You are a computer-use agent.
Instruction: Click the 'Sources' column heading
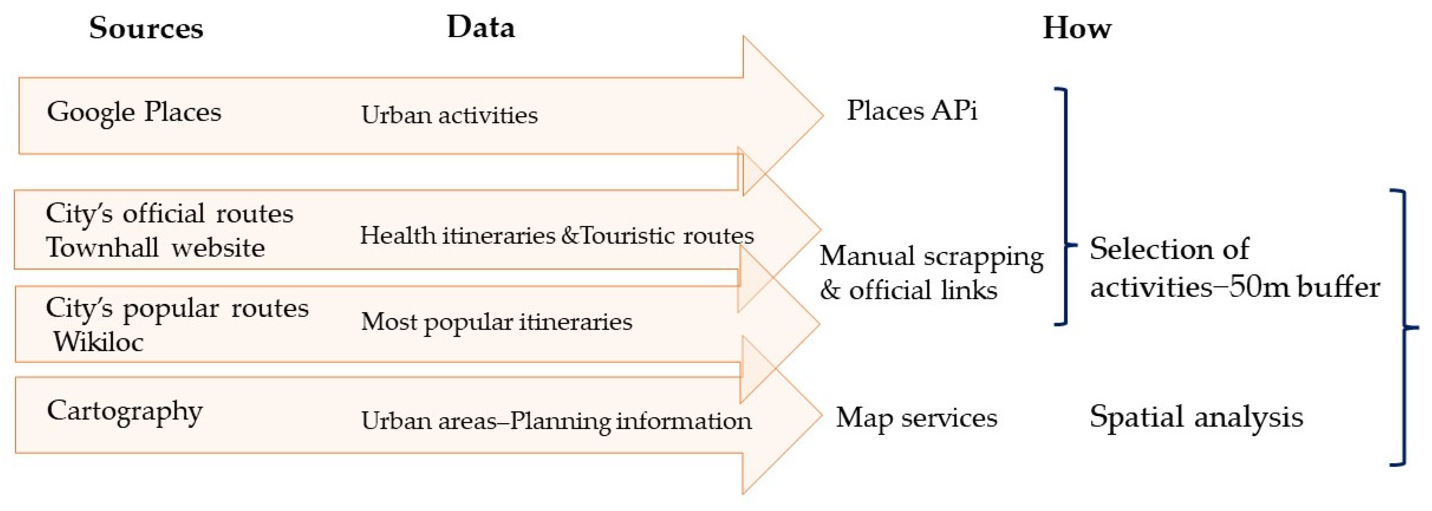[x=146, y=28]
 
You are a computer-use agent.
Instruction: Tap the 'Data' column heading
[x=481, y=27]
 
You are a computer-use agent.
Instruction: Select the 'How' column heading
[x=1077, y=28]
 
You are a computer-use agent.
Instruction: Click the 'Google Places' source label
[x=134, y=112]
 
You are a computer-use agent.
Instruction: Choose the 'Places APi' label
[x=912, y=111]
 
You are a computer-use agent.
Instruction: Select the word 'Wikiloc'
[x=98, y=342]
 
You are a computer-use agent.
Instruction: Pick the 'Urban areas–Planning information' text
[x=556, y=421]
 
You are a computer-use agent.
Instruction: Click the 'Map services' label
[x=917, y=418]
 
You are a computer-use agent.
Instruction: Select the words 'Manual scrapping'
[x=931, y=256]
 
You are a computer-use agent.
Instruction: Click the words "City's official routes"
[x=169, y=214]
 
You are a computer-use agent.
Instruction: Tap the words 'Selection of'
[x=1169, y=248]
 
